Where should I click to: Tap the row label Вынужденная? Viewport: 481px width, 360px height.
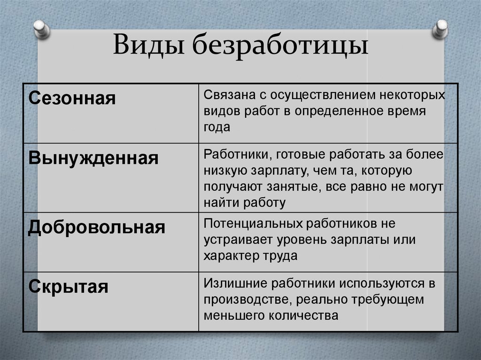[x=93, y=158]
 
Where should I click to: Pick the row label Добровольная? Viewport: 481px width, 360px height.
[x=97, y=227]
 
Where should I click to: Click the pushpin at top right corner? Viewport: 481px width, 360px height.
[x=440, y=29]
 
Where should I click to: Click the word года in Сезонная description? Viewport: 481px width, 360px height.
[x=217, y=127]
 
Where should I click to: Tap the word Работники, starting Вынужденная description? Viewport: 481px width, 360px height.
[x=237, y=155]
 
